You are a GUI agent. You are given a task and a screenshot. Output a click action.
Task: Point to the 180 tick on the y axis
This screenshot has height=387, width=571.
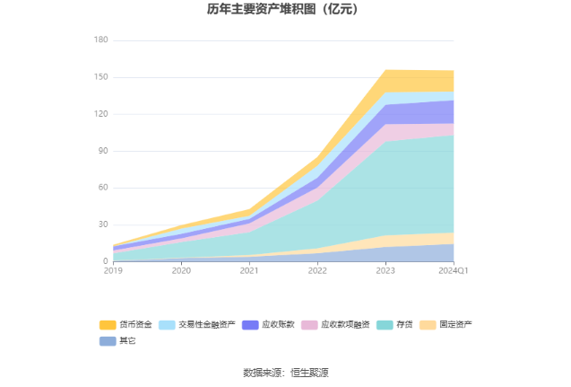point(100,40)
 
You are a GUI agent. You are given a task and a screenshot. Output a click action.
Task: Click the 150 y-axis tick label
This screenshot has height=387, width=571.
point(100,77)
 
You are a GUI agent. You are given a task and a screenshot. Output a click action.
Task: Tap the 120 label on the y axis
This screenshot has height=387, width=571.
point(100,114)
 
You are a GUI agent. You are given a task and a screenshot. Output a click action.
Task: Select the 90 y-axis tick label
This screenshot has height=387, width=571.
point(103,151)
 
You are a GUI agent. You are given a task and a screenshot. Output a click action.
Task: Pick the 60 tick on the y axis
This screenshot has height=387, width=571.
point(103,188)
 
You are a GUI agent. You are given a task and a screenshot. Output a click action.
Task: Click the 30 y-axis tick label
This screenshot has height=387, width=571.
point(103,224)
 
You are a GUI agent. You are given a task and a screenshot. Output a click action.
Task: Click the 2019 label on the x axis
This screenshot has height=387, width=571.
point(113,270)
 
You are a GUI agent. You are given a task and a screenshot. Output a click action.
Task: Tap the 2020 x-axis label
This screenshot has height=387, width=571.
point(181,270)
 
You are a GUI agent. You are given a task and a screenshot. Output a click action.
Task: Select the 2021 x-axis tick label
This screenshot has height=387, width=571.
point(249,270)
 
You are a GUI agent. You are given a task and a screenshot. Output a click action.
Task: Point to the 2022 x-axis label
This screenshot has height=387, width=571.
point(317,270)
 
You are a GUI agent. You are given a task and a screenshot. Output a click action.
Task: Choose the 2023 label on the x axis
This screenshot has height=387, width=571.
point(385,270)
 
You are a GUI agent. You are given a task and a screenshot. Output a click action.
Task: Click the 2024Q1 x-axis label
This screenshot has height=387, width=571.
point(454,270)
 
